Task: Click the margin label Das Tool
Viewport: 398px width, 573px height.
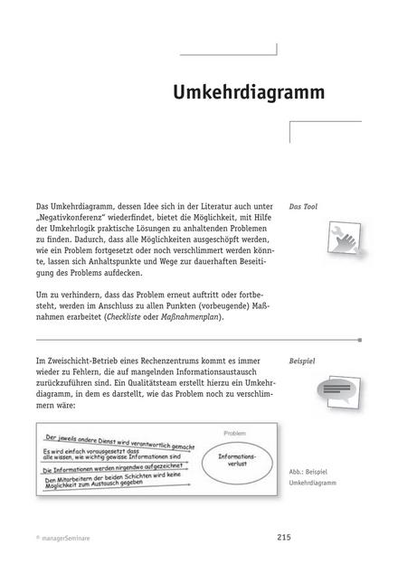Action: tap(303, 207)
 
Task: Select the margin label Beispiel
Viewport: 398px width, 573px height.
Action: tap(303, 360)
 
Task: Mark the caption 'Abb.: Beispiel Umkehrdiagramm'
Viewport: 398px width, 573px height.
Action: tap(317, 478)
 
